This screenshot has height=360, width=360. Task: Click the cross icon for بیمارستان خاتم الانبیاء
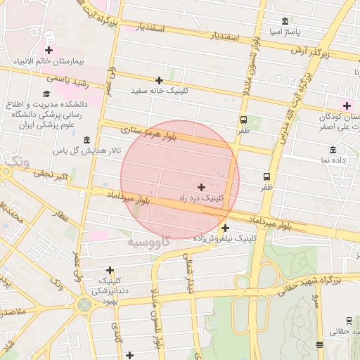49,50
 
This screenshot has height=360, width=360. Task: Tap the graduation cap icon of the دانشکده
46,94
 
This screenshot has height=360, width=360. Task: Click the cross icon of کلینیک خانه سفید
159,80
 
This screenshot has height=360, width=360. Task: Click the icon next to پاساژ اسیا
284,21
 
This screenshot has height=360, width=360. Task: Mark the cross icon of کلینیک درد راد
202,187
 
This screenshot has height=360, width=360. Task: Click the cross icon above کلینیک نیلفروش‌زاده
225,228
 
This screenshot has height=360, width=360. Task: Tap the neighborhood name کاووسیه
148,243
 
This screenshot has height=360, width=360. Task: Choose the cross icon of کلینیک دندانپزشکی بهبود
110,270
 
